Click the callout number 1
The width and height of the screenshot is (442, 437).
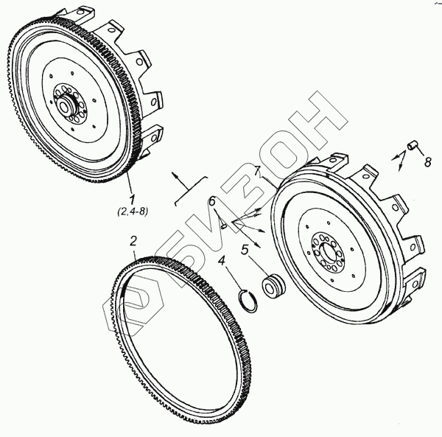pos(132,199)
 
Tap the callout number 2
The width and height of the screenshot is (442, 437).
pos(133,240)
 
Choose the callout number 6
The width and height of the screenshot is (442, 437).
pos(211,202)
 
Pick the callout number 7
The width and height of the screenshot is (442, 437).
pos(257,172)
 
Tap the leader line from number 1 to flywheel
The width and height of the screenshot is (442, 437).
pos(128,184)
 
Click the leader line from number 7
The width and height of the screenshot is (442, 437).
pos(263,181)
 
